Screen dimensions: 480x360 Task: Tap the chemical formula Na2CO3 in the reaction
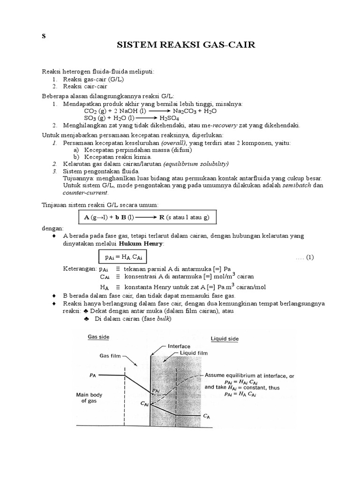(184, 111)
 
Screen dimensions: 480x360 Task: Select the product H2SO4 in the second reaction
(172, 118)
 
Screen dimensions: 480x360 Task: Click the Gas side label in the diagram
(98, 337)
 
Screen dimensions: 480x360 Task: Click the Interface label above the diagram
(178, 346)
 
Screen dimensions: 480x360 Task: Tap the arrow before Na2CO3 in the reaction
(160, 111)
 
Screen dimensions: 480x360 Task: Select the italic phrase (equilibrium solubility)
(195, 164)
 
